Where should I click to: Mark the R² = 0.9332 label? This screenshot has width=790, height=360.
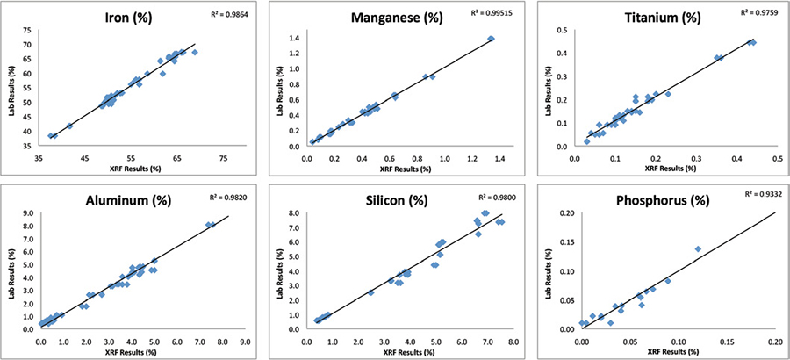coord(755,192)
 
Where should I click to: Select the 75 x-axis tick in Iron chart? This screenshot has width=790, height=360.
coord(223,158)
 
